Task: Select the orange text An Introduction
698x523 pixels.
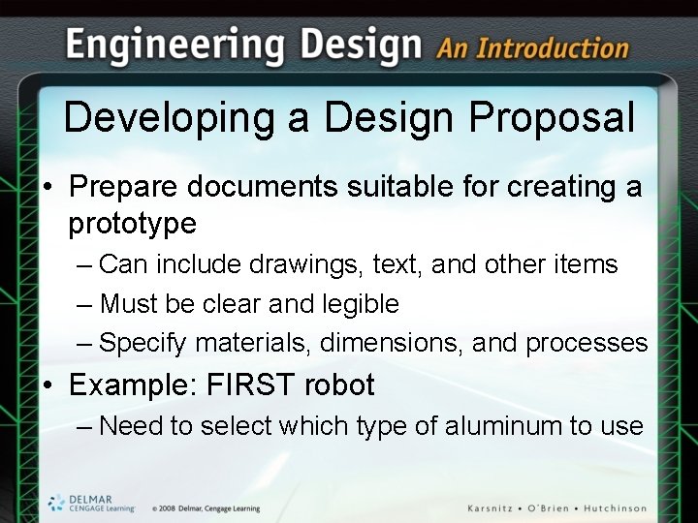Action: pyautogui.click(x=533, y=47)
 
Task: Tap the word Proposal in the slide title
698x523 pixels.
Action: pyautogui.click(x=552, y=118)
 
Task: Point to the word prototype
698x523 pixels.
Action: pyautogui.click(x=132, y=224)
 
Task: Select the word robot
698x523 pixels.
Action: pyautogui.click(x=339, y=385)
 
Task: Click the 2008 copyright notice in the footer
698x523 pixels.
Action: pyautogui.click(x=206, y=508)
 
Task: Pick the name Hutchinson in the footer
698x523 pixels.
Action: pyautogui.click(x=629, y=508)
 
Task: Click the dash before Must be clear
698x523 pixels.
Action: pyautogui.click(x=84, y=304)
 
